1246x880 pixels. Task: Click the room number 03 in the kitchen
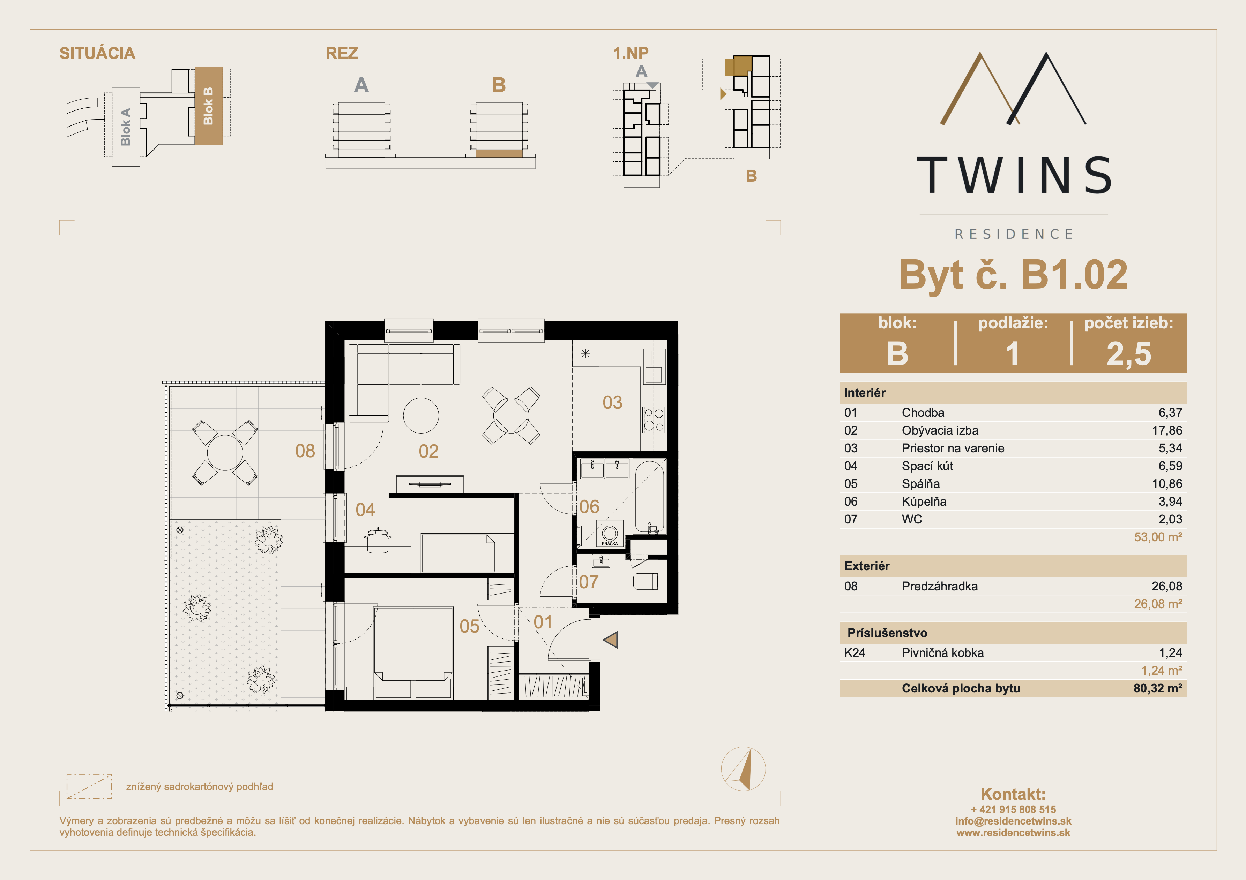(x=612, y=402)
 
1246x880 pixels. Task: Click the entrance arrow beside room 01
(x=611, y=640)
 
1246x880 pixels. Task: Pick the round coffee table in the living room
(x=421, y=415)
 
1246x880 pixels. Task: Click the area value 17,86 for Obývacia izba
(x=1167, y=430)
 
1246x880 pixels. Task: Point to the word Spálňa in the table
(x=921, y=484)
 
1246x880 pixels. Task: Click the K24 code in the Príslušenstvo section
(x=855, y=653)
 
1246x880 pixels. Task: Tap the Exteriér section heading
(x=867, y=566)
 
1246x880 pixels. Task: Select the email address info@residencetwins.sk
(x=1013, y=821)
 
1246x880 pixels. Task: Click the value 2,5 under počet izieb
(x=1129, y=353)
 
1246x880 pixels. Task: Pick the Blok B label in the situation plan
(x=208, y=106)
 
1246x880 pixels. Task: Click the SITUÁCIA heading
(x=97, y=53)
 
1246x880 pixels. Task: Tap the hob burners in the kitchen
(x=654, y=420)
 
